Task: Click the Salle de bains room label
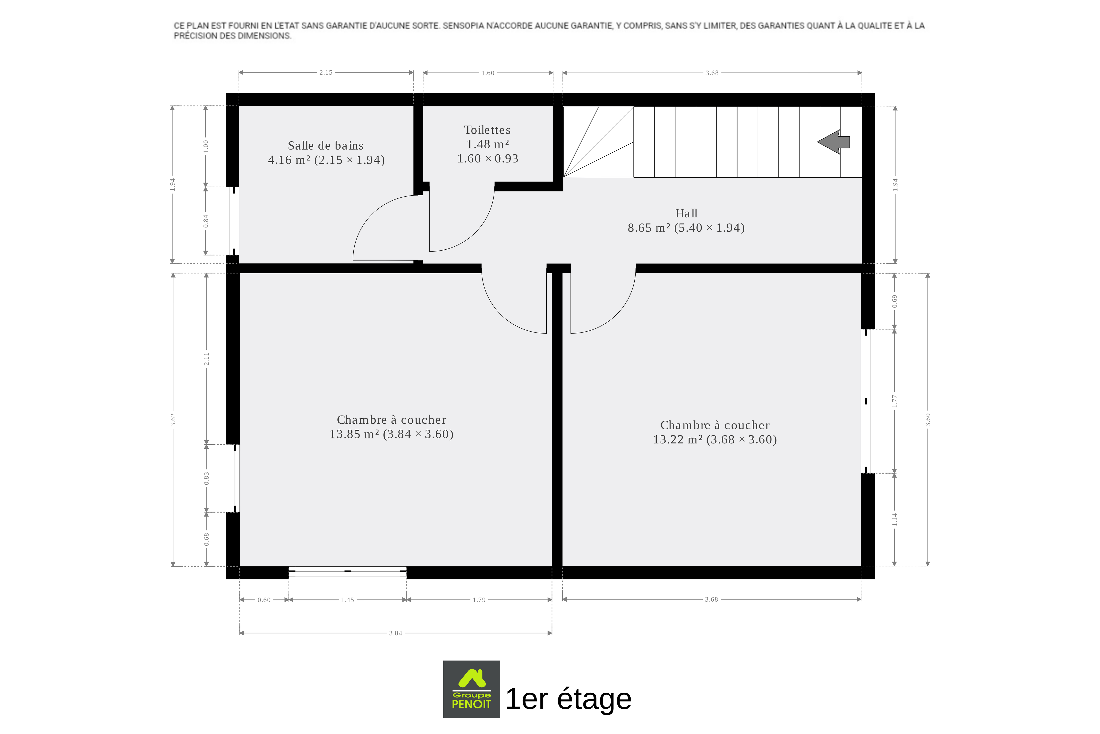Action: tap(326, 146)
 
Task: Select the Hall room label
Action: tap(686, 213)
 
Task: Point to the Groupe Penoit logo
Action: tap(472, 689)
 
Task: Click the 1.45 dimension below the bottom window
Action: tap(348, 600)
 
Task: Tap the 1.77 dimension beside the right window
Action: tap(895, 401)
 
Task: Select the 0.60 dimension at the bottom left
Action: tap(264, 600)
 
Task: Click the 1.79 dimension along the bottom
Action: tap(479, 600)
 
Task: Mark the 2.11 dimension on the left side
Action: tap(206, 359)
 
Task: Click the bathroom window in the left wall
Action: tap(234, 221)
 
